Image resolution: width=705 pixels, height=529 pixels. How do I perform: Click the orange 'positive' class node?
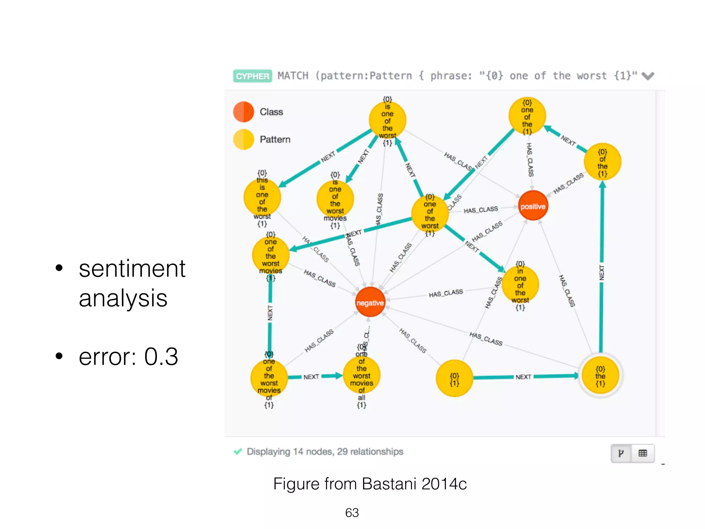click(533, 206)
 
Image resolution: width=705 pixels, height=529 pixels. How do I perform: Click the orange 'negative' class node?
click(370, 302)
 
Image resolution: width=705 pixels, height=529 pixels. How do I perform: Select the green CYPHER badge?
click(252, 76)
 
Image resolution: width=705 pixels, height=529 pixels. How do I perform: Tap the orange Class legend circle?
click(243, 112)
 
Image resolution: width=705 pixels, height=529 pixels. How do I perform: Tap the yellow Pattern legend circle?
click(243, 139)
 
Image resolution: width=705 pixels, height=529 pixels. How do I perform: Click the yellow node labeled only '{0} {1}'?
click(454, 378)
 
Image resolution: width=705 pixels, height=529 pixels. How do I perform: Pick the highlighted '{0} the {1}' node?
click(600, 375)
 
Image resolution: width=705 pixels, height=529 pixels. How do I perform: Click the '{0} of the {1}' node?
click(602, 162)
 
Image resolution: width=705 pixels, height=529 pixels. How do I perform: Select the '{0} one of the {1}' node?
click(527, 116)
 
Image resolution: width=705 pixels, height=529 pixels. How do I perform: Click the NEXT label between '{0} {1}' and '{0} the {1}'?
click(523, 377)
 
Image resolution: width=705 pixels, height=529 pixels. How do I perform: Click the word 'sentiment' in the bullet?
click(132, 269)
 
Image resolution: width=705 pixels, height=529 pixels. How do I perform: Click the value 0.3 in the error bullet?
click(161, 356)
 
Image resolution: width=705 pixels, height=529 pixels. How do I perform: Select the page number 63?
click(352, 513)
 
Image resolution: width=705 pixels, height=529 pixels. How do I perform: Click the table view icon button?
click(642, 453)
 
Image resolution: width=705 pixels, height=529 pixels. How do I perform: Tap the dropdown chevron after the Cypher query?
click(648, 76)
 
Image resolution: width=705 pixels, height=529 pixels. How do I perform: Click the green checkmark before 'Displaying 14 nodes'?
click(238, 452)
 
